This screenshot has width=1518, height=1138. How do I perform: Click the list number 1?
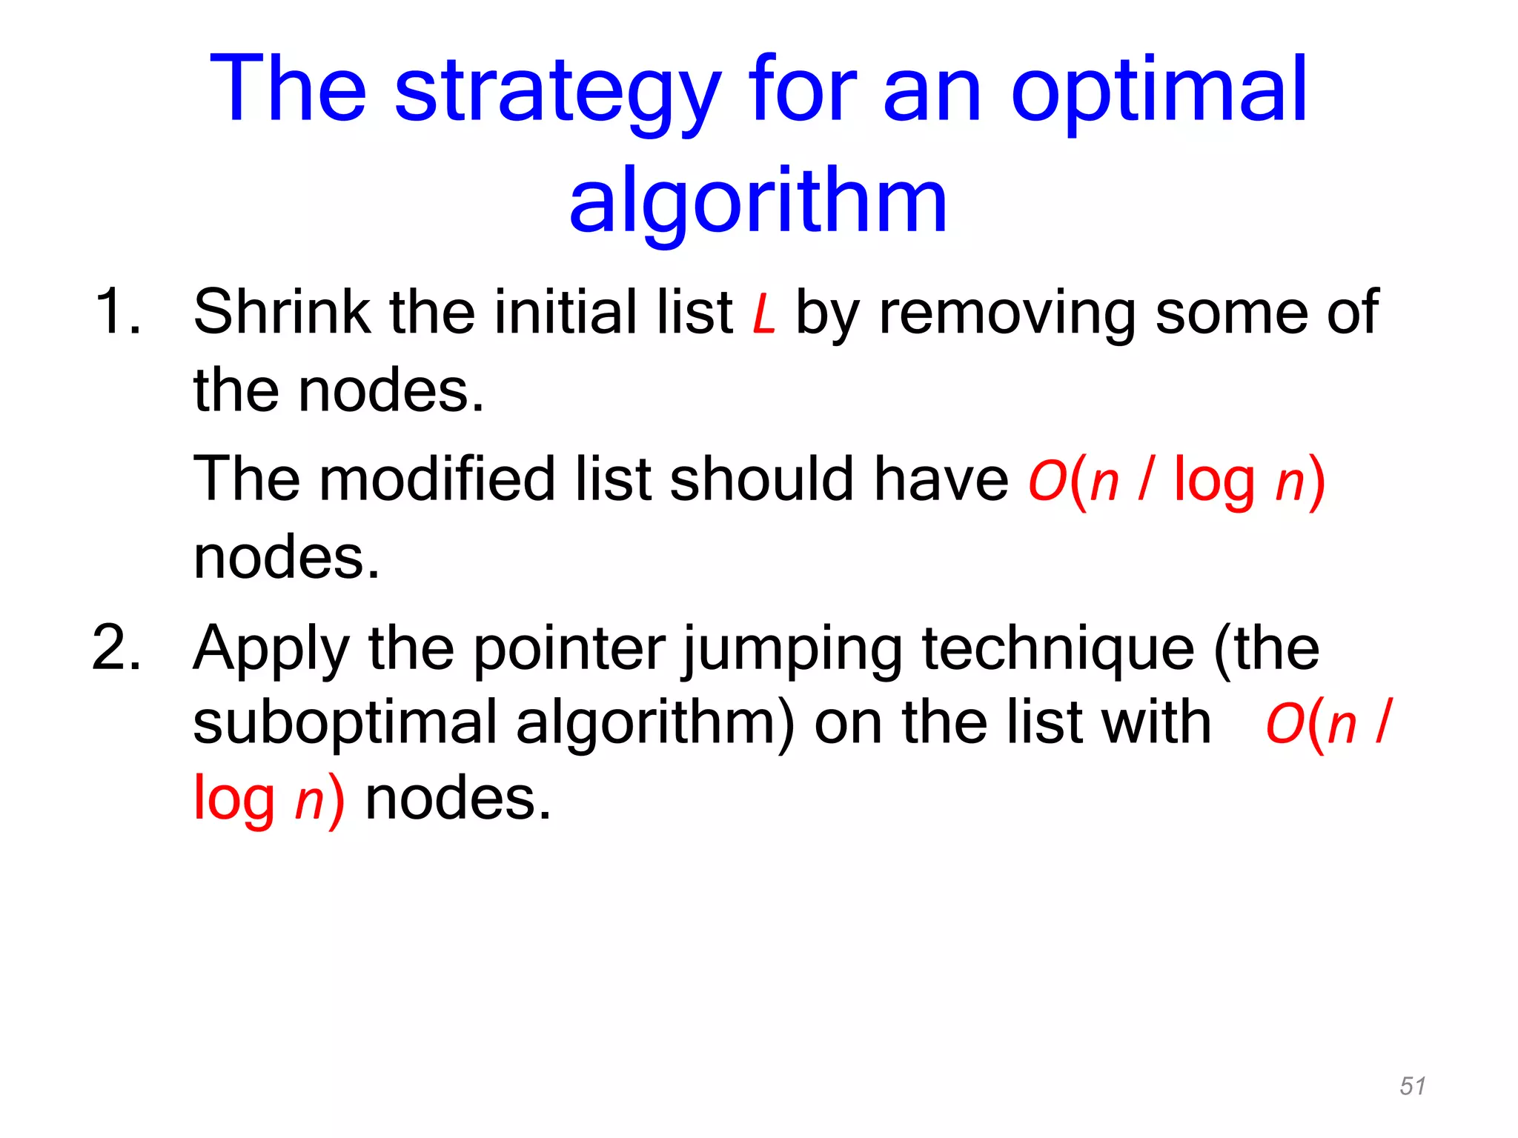(117, 312)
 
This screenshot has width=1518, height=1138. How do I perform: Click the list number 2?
(116, 648)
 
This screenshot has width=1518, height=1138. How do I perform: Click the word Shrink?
(282, 312)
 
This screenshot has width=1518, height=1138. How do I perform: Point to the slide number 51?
(1412, 1086)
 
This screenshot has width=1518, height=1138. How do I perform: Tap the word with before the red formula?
(1156, 722)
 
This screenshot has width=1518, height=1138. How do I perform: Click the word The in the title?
(288, 90)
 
